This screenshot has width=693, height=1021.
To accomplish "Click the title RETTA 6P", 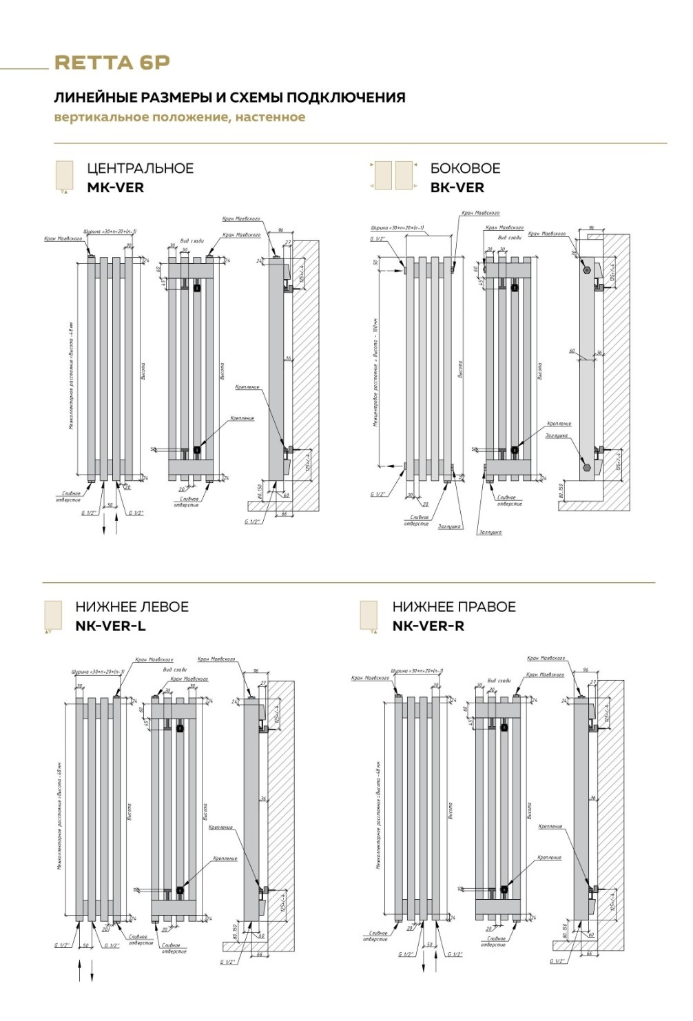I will click(112, 63).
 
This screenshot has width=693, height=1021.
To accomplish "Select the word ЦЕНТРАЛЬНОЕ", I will click(140, 168).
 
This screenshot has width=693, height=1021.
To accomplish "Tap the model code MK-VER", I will click(115, 187).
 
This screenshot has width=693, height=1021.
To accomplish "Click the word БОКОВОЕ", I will click(465, 168).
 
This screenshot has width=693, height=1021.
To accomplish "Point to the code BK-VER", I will click(457, 187).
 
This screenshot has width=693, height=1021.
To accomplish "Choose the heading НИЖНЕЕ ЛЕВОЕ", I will click(132, 607).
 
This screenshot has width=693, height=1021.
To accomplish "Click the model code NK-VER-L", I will click(110, 626).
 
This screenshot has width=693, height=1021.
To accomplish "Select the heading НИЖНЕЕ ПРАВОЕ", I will click(454, 607).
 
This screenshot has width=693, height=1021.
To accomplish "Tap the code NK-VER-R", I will click(428, 626).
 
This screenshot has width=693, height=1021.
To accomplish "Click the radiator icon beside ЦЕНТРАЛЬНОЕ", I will click(63, 177).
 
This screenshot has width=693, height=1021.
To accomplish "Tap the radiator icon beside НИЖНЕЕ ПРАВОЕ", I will click(369, 615).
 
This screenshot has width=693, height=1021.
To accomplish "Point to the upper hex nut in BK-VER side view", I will click(586, 270).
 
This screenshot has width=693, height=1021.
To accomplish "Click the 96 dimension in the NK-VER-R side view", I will click(586, 669).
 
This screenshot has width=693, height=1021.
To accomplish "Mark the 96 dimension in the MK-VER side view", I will click(281, 229).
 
